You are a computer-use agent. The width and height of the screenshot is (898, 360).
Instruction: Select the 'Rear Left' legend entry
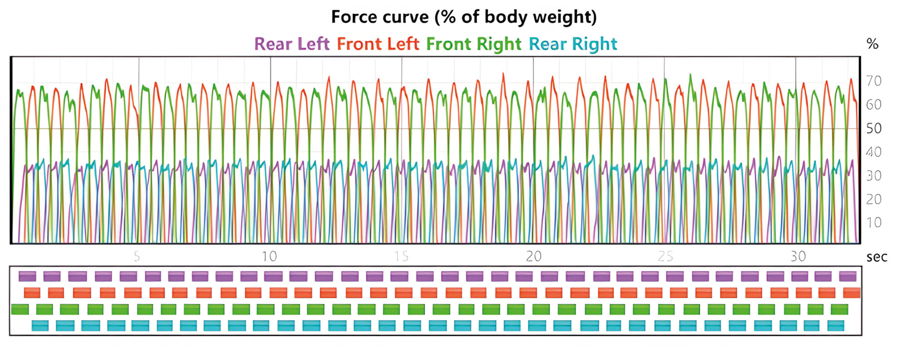point(292,44)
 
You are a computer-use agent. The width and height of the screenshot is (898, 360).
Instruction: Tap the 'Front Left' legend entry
point(378,44)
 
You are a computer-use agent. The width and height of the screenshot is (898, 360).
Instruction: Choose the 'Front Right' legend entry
point(474,44)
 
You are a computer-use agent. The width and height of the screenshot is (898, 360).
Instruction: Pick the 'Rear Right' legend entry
point(573,44)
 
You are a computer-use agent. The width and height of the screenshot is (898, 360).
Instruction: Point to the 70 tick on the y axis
point(873,81)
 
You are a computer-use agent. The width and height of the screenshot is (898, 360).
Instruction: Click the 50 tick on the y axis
point(873,128)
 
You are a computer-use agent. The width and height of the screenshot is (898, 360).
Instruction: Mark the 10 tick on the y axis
point(873,222)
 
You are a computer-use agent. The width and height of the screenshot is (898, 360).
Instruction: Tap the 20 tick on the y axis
point(873,199)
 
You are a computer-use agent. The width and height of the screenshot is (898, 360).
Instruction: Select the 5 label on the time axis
point(137,256)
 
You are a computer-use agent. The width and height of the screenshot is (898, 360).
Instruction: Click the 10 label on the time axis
point(269,256)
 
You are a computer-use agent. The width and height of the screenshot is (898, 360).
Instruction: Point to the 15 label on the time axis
point(401,256)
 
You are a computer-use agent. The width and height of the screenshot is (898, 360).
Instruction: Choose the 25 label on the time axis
point(665,256)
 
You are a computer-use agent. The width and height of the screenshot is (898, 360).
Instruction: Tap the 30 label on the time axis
point(798,256)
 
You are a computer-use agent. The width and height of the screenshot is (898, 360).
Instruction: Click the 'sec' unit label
point(877,257)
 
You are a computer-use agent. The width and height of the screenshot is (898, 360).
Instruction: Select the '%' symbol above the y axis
point(872,44)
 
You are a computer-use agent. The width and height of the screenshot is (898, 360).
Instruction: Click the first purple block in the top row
point(27,276)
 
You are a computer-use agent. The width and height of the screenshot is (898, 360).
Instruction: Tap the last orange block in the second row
point(851,293)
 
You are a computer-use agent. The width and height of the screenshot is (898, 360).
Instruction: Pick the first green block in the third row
point(20,310)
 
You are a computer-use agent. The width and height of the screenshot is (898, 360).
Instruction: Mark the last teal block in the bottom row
point(835,326)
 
